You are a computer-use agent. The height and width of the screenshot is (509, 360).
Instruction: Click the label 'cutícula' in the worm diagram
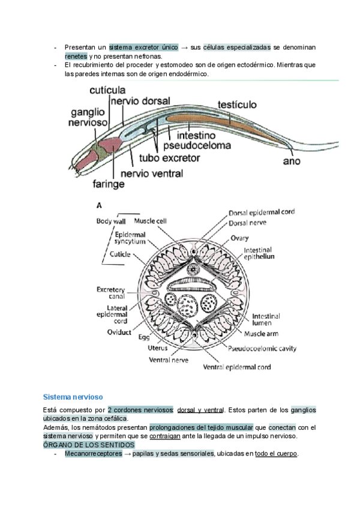pyautogui.click(x=107, y=91)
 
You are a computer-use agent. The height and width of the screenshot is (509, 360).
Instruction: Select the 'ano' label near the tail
pyautogui.click(x=292, y=161)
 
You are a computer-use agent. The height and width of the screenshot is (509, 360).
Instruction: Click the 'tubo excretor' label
pyautogui.click(x=170, y=158)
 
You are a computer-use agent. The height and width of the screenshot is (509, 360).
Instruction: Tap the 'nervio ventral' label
pyautogui.click(x=152, y=174)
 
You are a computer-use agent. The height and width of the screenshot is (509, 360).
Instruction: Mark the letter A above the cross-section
pyautogui.click(x=99, y=205)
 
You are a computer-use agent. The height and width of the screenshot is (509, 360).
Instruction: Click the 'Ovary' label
pyautogui.click(x=240, y=238)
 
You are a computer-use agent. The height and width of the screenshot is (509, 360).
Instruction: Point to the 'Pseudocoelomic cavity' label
pyautogui.click(x=262, y=348)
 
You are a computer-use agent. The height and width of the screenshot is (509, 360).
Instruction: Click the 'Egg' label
pyautogui.click(x=143, y=337)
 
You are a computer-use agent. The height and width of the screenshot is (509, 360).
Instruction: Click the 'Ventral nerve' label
pyautogui.click(x=168, y=361)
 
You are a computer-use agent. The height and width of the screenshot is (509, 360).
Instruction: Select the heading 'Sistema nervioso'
pyautogui.click(x=73, y=397)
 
